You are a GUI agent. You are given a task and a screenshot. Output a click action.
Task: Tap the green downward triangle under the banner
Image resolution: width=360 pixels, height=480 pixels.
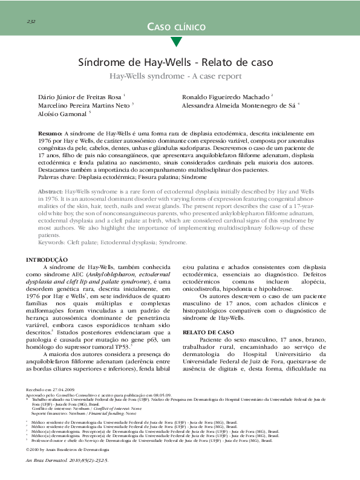pyautogui.click(x=176, y=42)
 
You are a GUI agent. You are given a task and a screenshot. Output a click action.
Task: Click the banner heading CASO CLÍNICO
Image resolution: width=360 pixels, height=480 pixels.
pyautogui.click(x=176, y=27)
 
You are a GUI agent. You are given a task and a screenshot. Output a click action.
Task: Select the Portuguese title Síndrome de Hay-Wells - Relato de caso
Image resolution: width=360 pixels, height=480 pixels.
pyautogui.click(x=176, y=63)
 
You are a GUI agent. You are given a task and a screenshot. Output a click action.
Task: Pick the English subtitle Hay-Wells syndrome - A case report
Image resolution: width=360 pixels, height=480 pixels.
pyautogui.click(x=175, y=76)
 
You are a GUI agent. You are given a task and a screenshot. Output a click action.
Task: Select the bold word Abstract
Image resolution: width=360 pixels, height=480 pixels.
pyautogui.click(x=50, y=207)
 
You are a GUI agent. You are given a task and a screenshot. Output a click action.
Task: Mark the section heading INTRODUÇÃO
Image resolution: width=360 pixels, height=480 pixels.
pyautogui.click(x=47, y=259)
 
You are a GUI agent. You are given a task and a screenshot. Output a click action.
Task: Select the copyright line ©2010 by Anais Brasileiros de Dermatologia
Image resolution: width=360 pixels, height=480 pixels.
pyautogui.click(x=67, y=450)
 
